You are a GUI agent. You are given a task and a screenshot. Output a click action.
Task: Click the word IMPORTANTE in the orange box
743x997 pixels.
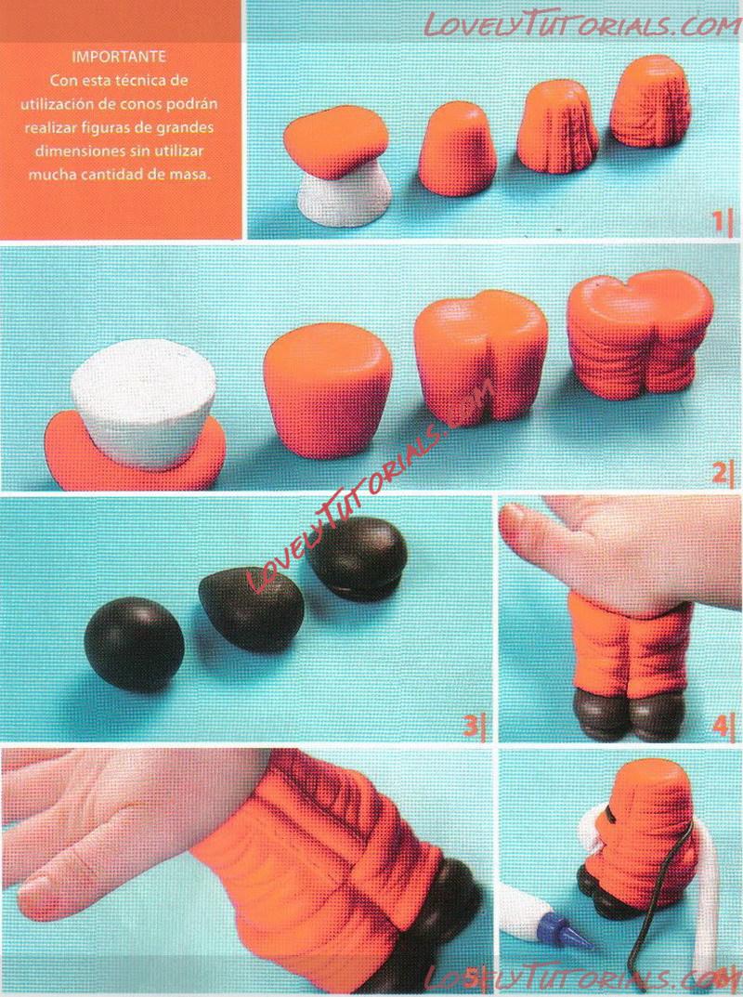pos(119,57)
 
